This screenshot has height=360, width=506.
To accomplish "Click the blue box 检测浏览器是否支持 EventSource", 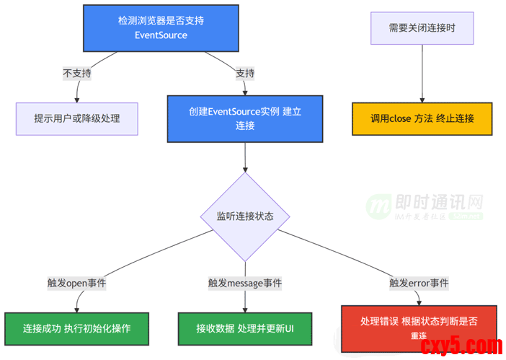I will click(x=161, y=28).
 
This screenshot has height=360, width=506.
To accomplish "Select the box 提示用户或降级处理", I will click(x=77, y=118).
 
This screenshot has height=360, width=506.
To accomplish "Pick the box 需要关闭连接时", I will click(x=422, y=28).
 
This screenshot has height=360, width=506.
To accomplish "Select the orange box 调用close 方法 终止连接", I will click(x=422, y=118).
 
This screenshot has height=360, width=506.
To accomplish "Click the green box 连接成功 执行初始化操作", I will click(x=76, y=328).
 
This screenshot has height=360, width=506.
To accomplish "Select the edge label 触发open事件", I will click(x=76, y=283).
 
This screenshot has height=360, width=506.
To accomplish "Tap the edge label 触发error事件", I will click(x=419, y=283).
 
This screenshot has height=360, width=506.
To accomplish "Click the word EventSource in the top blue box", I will click(x=161, y=35).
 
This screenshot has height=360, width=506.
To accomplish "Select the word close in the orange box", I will click(x=400, y=118).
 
